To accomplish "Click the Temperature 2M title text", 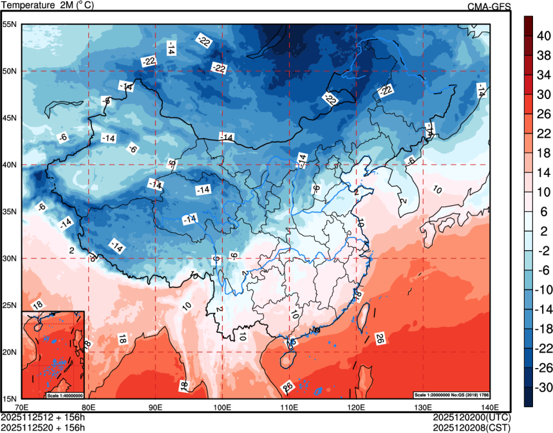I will (x=49, y=6).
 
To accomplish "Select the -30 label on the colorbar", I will (x=543, y=387).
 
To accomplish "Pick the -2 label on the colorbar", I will (x=543, y=250).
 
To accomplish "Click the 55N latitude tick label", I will (x=10, y=24).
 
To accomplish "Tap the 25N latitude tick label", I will (x=10, y=305).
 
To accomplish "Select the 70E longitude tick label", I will (x=21, y=407).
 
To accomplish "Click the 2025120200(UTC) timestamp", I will (x=472, y=417).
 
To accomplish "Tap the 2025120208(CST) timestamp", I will (x=472, y=427).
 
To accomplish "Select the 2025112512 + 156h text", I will (x=44, y=417).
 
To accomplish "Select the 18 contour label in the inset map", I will (x=37, y=304).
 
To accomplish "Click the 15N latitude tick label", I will (x=10, y=398).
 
